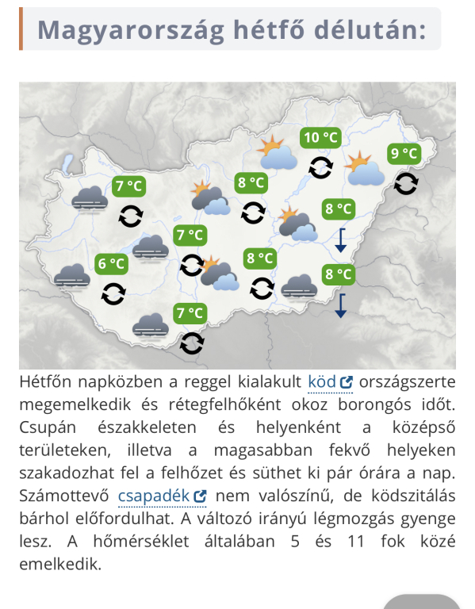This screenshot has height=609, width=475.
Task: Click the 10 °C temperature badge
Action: (x=321, y=138)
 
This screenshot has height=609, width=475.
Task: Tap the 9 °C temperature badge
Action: (x=404, y=154)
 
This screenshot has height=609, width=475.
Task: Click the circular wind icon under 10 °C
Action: (x=321, y=167)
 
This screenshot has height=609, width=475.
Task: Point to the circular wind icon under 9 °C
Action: (x=406, y=183)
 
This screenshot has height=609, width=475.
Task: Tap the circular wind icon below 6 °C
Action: (x=113, y=293)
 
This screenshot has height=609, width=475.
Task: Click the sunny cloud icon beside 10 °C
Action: (x=276, y=153)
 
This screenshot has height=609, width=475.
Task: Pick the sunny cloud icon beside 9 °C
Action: (x=364, y=169)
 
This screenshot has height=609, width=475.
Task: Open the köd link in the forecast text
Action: (x=321, y=382)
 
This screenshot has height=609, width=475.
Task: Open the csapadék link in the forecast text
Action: (x=153, y=496)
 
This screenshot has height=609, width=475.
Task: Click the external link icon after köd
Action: (x=346, y=382)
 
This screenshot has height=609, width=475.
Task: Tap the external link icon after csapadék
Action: (x=200, y=496)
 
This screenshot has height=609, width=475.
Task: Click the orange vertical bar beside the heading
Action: (x=21, y=29)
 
